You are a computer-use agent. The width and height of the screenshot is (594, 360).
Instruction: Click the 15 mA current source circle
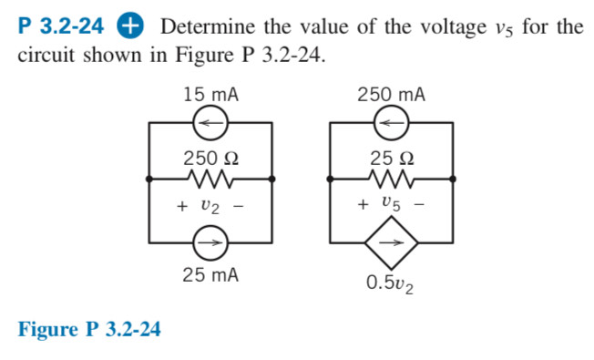[x=210, y=121]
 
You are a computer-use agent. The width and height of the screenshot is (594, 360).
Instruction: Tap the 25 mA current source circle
[x=210, y=243]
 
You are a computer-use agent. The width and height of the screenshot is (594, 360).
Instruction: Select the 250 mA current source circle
[x=392, y=121]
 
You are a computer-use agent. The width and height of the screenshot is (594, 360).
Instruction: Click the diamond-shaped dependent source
[x=392, y=243]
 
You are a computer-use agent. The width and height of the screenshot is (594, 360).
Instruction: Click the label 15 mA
[x=210, y=95]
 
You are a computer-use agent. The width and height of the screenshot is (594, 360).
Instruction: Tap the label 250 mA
[x=392, y=95]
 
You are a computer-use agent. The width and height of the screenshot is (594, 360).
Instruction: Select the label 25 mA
[x=210, y=274]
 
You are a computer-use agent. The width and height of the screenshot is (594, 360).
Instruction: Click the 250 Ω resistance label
[x=210, y=156]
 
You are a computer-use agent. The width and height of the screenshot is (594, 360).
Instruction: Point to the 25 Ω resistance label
[x=392, y=156]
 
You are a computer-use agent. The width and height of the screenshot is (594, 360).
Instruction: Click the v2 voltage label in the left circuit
[x=210, y=208]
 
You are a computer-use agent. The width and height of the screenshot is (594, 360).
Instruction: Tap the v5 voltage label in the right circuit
[x=392, y=206]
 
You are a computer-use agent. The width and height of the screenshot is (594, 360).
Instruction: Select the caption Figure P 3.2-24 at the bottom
[x=89, y=329]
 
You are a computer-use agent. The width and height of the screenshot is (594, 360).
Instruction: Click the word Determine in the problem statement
[x=205, y=26]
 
